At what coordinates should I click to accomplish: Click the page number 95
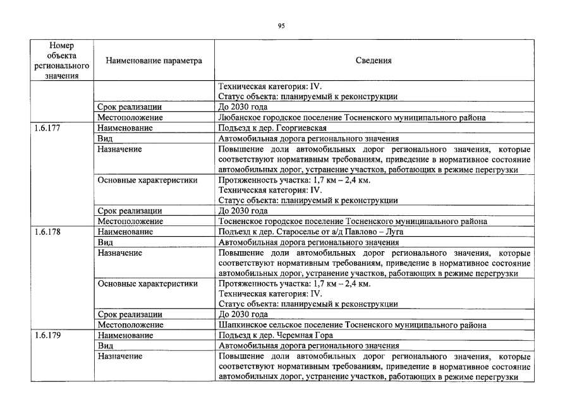(x=282, y=26)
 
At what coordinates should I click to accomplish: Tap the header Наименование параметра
(x=154, y=61)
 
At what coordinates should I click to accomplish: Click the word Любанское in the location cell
(x=237, y=117)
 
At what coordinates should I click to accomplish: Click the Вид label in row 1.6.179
(x=104, y=346)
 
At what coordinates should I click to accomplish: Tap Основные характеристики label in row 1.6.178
(x=147, y=283)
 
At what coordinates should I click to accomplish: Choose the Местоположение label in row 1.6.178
(x=130, y=325)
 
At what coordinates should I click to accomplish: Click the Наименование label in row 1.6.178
(x=125, y=232)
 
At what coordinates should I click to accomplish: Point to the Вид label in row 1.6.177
(x=104, y=138)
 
